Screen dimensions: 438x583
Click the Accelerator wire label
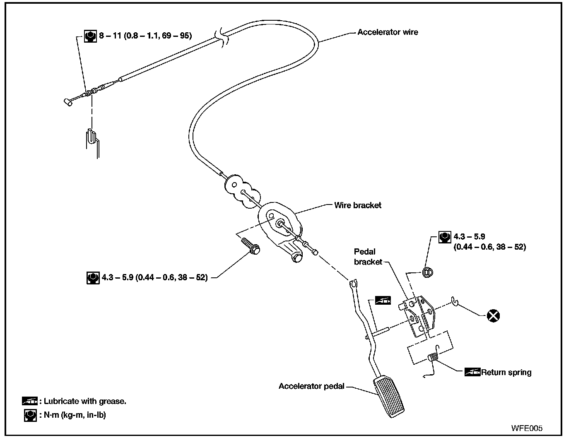coord(388,32)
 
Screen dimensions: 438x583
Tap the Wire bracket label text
coord(358,205)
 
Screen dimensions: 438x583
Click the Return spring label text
coord(506,372)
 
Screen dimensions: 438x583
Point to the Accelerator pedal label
coord(311,386)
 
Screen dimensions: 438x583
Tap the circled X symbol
coord(493,316)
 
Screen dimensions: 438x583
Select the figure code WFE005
coord(527,428)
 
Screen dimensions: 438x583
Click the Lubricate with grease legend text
coord(85,401)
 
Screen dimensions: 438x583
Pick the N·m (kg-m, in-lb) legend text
coord(75,415)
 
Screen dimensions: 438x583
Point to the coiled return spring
coord(433,357)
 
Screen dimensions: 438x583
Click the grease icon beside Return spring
coord(472,372)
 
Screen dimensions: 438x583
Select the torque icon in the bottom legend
coord(30,415)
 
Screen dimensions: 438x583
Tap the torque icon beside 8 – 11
coord(90,36)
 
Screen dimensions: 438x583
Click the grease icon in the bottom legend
coord(29,401)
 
